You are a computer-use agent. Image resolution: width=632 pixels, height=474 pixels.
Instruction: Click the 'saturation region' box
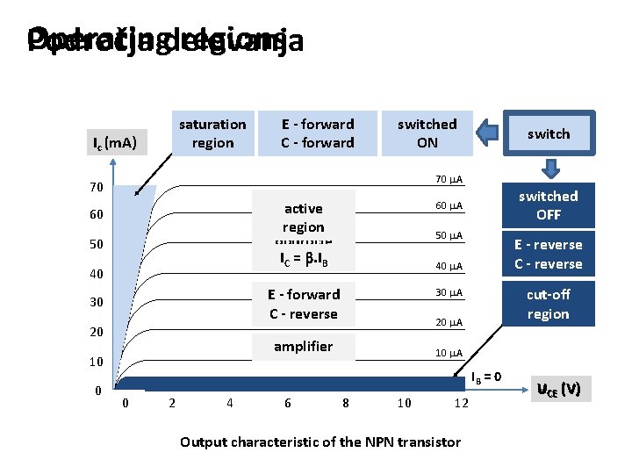click(212, 133)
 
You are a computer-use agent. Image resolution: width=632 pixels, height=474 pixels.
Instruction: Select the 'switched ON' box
click(427, 133)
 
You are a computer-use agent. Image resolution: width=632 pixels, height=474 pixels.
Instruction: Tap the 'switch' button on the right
click(549, 133)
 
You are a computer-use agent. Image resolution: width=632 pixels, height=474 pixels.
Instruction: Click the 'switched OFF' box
click(548, 205)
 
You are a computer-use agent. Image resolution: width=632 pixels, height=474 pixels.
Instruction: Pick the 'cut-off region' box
click(548, 304)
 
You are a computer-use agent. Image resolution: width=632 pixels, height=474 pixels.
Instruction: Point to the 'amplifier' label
click(303, 347)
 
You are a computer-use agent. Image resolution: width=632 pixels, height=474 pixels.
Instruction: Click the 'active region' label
click(303, 217)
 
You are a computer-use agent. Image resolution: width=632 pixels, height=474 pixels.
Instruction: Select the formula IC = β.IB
click(303, 259)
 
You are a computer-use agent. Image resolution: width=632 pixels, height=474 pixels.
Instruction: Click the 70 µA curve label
click(449, 180)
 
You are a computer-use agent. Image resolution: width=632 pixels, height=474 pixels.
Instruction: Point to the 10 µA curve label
click(449, 353)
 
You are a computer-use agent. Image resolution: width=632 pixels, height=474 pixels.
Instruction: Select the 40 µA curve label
click(449, 266)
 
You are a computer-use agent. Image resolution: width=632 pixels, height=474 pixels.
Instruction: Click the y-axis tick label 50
click(97, 243)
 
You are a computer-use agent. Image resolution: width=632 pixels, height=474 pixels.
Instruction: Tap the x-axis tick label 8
click(345, 404)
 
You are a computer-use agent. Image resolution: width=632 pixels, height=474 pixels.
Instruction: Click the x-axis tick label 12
click(462, 404)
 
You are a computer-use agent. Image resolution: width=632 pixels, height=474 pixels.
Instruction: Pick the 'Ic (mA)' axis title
click(115, 141)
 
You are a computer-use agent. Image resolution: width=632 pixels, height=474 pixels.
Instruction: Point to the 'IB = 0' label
click(485, 377)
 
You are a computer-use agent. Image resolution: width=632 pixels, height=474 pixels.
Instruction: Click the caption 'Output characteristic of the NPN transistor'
click(320, 442)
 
